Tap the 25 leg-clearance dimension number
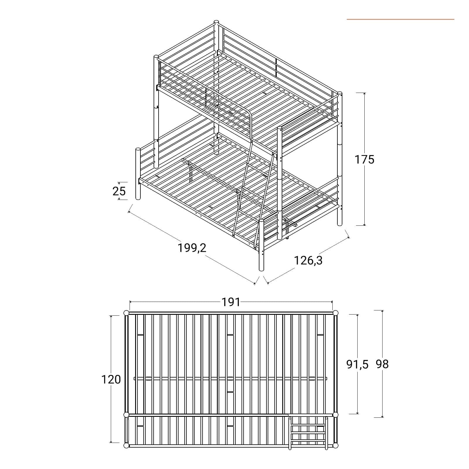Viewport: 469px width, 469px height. coord(119,191)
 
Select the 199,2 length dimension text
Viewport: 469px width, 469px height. coord(192,248)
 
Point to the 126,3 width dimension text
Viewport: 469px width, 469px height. coord(308,260)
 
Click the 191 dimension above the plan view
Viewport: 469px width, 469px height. coord(231,302)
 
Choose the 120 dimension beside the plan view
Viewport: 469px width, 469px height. coord(111,379)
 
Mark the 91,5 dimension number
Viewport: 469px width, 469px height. coord(357,364)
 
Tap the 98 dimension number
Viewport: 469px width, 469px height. coord(382,364)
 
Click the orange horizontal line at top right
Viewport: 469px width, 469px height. coord(400,19)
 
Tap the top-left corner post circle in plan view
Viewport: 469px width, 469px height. coord(126,313)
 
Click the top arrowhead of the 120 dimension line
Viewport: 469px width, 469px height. coord(111,317)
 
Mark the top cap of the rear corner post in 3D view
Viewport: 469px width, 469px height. coord(217,22)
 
